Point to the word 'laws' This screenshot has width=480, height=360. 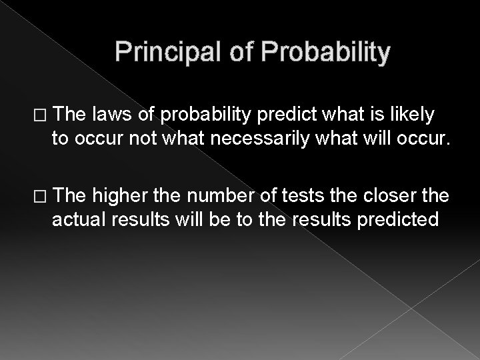pos(110,116)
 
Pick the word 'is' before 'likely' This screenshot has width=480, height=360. pos(377,116)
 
